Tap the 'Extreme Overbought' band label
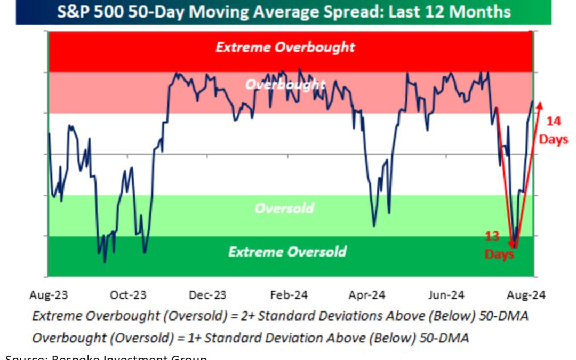(x=285, y=47)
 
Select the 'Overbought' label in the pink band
(x=285, y=84)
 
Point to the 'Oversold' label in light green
(x=284, y=208)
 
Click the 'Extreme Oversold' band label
(x=287, y=251)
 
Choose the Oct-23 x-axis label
(x=129, y=295)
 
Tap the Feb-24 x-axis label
(x=287, y=295)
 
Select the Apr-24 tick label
(x=367, y=295)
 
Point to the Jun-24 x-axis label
(x=447, y=295)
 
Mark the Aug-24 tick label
(x=527, y=295)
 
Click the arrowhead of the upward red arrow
(x=540, y=105)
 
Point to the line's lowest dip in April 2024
(x=374, y=226)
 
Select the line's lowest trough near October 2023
(x=105, y=262)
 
